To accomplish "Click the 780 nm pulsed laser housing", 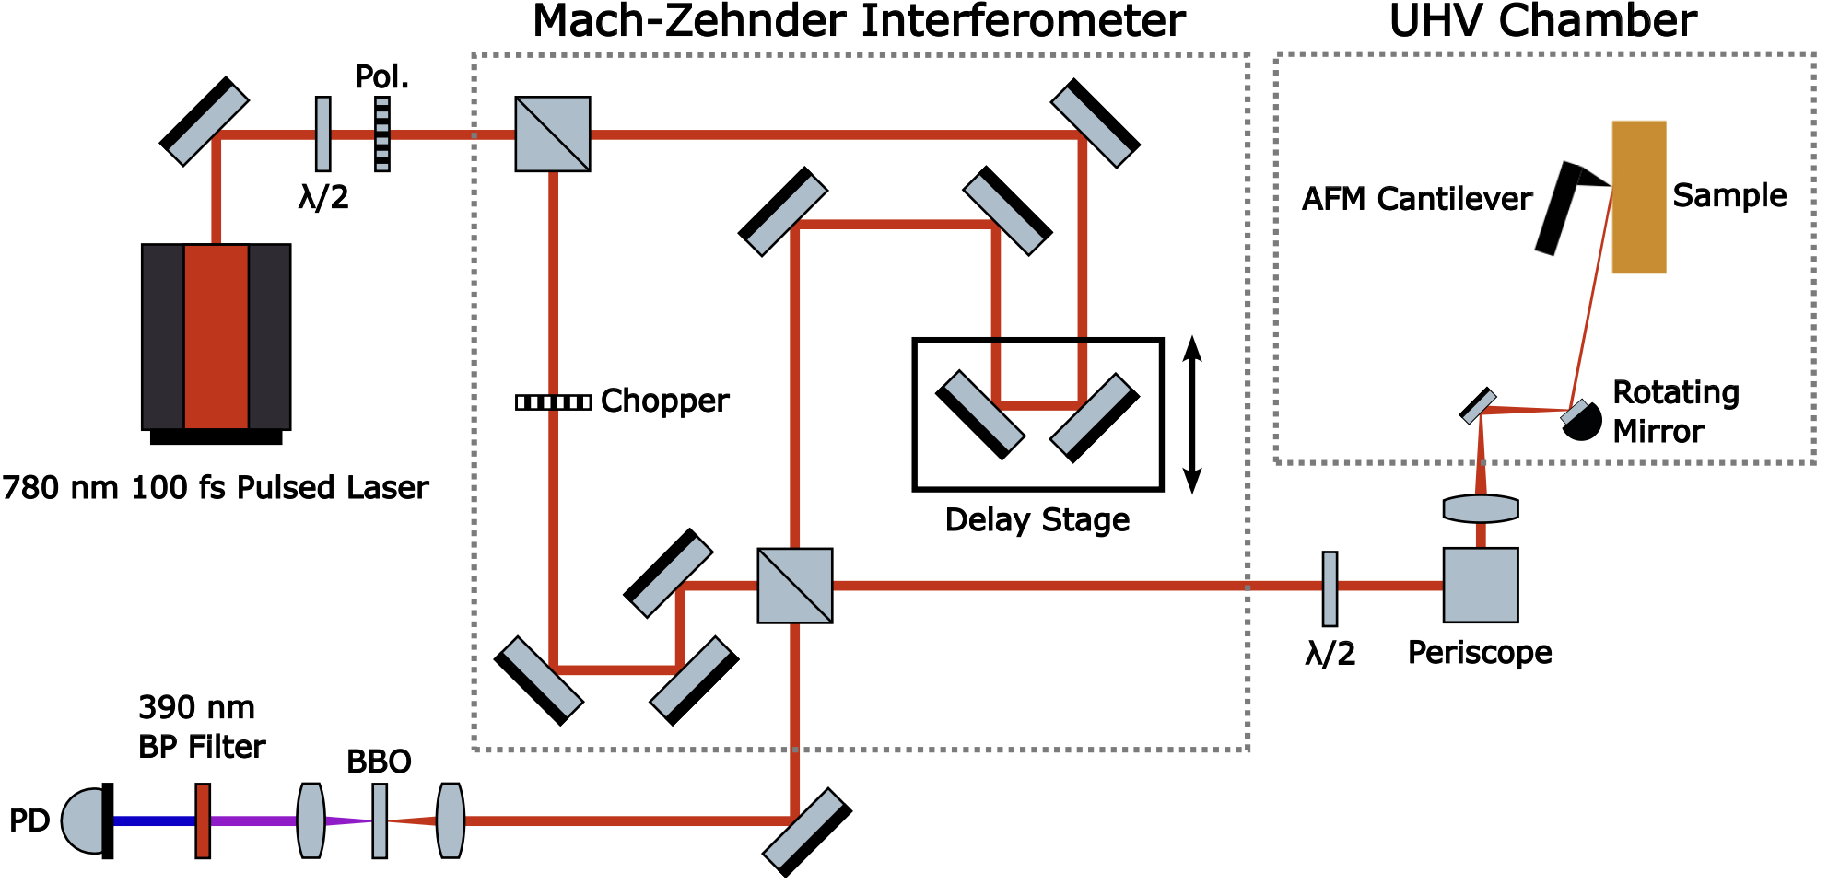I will [x=217, y=337].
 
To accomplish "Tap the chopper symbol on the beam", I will [x=553, y=401].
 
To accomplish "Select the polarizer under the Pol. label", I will [x=382, y=134].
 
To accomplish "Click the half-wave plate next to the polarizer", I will [x=323, y=134].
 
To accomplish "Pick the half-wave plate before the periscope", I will [x=1330, y=588].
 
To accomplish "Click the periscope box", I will [x=1481, y=586].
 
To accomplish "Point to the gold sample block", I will [x=1639, y=197].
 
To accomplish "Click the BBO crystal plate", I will [x=380, y=820].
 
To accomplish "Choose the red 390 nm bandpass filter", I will [x=203, y=820].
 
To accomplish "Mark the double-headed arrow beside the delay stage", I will [x=1192, y=414].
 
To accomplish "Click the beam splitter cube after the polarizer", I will [x=553, y=134].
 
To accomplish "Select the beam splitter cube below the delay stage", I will [x=795, y=586].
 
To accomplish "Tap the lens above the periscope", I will [x=1481, y=508].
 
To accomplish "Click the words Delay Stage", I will [x=1037, y=520].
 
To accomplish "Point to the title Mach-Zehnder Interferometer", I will [x=859, y=21].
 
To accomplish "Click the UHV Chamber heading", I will [x=1543, y=21].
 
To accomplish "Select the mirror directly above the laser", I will [x=205, y=122].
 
